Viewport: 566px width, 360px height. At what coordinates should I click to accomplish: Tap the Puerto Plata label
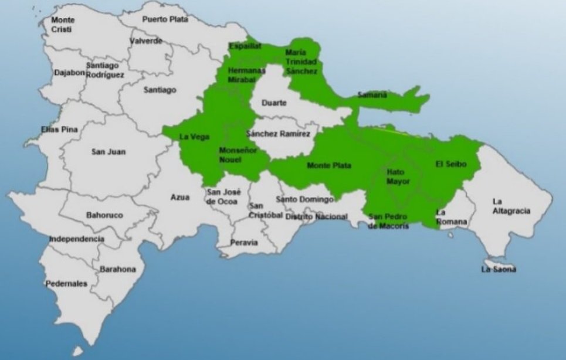pyautogui.click(x=165, y=19)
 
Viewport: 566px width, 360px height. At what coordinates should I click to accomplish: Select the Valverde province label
pyautogui.click(x=146, y=41)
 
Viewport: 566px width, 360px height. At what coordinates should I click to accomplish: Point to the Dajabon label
pyautogui.click(x=69, y=73)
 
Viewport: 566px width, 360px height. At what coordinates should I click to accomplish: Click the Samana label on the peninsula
pyautogui.click(x=372, y=94)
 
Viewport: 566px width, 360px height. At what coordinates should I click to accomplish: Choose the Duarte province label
pyautogui.click(x=274, y=103)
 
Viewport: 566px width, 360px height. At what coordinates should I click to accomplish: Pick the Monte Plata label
pyautogui.click(x=329, y=166)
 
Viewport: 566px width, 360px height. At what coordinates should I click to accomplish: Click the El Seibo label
pyautogui.click(x=451, y=164)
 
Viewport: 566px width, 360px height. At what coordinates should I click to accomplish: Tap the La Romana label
pyautogui.click(x=452, y=217)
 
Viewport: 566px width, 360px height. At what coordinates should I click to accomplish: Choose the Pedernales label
pyautogui.click(x=66, y=284)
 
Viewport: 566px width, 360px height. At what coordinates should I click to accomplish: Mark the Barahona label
pyautogui.click(x=117, y=269)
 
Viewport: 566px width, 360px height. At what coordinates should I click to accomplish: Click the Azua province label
pyautogui.click(x=180, y=197)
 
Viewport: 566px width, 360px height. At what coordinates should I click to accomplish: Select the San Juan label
pyautogui.click(x=109, y=152)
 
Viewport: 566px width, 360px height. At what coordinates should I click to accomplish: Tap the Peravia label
pyautogui.click(x=243, y=242)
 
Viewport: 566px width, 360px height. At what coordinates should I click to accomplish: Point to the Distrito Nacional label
pyautogui.click(x=316, y=216)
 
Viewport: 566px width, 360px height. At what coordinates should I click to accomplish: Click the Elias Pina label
pyautogui.click(x=59, y=129)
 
